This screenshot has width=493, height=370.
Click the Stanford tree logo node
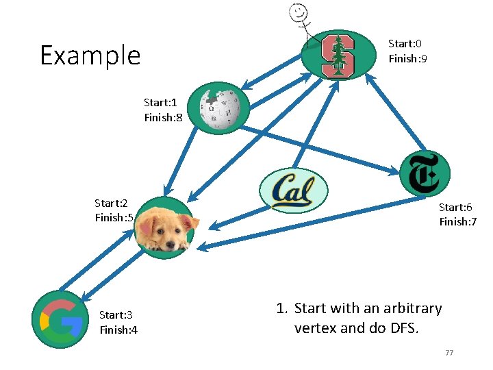coord(338,56)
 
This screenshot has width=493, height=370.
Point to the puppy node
coord(165,227)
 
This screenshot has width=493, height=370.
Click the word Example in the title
coord(90,56)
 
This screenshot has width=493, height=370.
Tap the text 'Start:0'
coord(405,44)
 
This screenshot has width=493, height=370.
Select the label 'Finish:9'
coord(408,59)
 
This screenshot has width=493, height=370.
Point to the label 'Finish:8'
coord(163,118)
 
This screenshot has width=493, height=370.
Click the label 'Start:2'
coord(112,203)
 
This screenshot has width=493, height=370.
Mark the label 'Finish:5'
coord(114,218)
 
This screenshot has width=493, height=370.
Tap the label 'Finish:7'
coord(457,222)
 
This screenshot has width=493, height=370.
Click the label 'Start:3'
coord(116,315)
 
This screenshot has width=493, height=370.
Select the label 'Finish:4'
coord(118,330)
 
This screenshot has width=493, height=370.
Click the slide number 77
coord(449,353)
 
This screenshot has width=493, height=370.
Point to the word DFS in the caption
coord(403,328)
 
